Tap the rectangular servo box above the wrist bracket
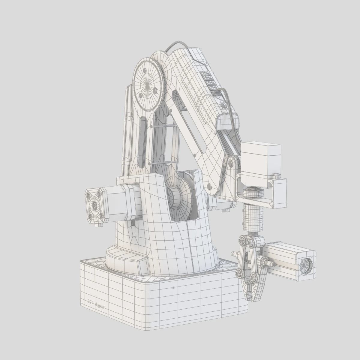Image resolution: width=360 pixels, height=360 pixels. point(260,163)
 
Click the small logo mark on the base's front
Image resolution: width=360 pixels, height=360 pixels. point(173,288)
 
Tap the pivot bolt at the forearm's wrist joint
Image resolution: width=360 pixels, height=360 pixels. point(231,163)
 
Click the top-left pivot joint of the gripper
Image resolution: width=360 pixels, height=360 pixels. point(242,240)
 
